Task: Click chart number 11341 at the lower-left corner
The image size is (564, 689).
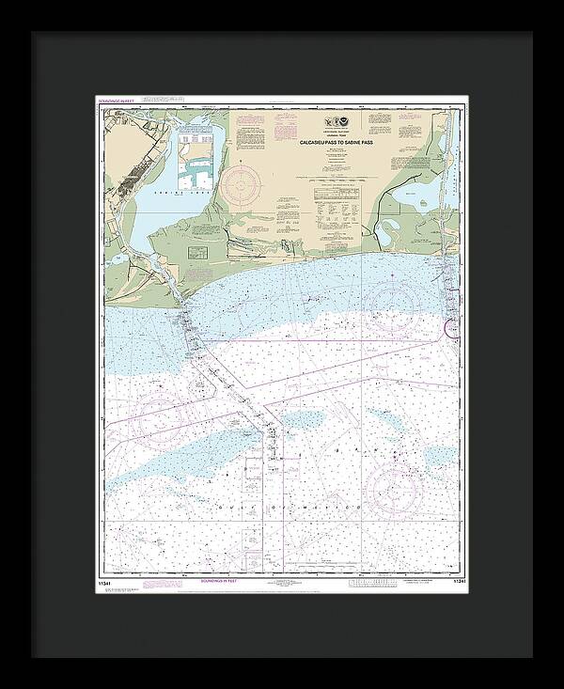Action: point(104,581)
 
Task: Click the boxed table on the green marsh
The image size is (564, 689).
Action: point(198,253)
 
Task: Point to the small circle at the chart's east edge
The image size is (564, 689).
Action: point(451,328)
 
